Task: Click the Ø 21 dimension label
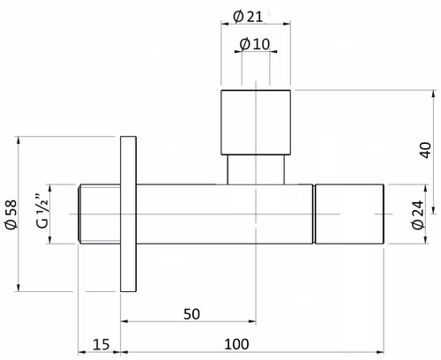[248, 17]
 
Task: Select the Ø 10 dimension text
[255, 44]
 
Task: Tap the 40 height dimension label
[426, 150]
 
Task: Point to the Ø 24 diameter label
[418, 215]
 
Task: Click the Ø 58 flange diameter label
[11, 214]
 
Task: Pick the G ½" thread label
[42, 211]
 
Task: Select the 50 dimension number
[191, 314]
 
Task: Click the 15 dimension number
[101, 344]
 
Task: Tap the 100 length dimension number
[236, 344]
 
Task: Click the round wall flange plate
[129, 214]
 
